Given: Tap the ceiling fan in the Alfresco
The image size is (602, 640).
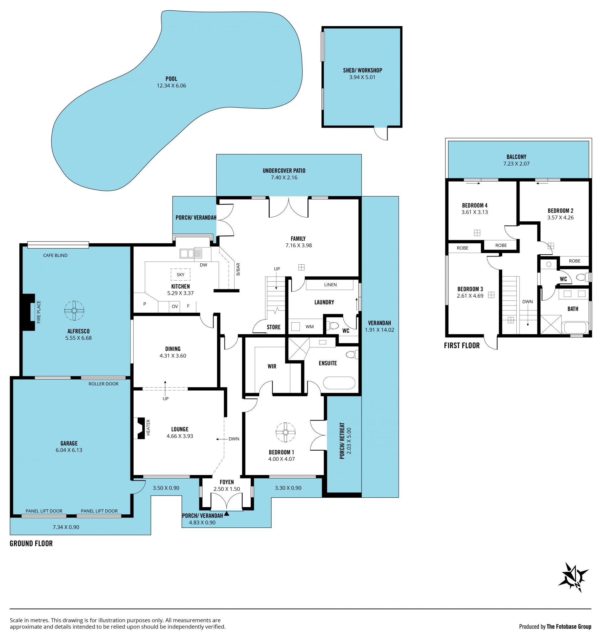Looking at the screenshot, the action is click(74, 311).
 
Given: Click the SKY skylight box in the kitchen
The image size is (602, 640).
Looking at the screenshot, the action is click(180, 275).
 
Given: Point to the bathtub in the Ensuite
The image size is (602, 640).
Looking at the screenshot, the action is click(339, 383).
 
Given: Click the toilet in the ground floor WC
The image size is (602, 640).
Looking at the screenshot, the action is click(334, 326).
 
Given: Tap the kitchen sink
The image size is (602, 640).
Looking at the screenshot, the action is click(191, 254).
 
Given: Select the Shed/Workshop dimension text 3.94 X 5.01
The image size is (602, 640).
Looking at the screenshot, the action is click(362, 77).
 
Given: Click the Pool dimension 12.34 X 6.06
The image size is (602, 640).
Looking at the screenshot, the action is click(171, 86).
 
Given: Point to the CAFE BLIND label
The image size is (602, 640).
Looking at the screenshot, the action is click(55, 255).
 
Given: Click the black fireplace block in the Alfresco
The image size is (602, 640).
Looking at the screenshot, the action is click(28, 312).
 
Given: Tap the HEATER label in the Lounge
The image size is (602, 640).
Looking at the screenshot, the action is click(148, 427).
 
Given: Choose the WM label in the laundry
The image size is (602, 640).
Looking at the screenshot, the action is click(310, 327).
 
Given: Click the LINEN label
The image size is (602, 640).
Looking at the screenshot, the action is click(330, 285).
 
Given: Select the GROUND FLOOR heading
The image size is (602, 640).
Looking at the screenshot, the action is click(31, 543).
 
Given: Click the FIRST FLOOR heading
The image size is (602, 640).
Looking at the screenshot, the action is click(462, 346).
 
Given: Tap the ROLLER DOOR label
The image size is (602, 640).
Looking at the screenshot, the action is click(103, 384).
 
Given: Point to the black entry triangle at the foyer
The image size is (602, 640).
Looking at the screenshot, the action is click(227, 514).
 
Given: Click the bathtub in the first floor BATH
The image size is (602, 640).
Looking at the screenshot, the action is click(575, 328).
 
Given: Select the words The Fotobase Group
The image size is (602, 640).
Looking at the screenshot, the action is click(569, 627).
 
